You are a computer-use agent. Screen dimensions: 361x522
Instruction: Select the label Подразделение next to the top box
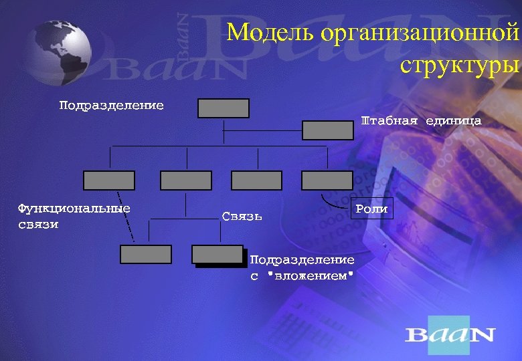[111, 106]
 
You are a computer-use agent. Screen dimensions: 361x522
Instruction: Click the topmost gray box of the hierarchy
[224, 108]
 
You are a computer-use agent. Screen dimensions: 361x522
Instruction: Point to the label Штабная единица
[421, 121]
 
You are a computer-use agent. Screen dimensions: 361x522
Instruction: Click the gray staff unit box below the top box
[327, 130]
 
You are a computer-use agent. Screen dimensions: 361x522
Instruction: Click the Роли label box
[371, 209]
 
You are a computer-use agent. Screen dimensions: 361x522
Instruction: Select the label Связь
[242, 216]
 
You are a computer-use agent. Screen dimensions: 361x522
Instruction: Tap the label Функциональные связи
[74, 216]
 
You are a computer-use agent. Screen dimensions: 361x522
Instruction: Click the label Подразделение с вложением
[301, 267]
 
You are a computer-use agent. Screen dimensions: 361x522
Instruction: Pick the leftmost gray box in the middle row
[108, 180]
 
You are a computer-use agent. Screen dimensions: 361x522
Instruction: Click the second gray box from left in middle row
[186, 180]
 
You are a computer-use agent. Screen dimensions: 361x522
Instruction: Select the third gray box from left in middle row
[256, 180]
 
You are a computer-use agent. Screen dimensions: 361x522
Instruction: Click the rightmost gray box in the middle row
[327, 180]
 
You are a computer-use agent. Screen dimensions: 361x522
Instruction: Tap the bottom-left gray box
[146, 254]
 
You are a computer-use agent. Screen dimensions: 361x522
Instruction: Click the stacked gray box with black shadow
[217, 255]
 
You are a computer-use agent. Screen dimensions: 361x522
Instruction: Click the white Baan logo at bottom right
[450, 334]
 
